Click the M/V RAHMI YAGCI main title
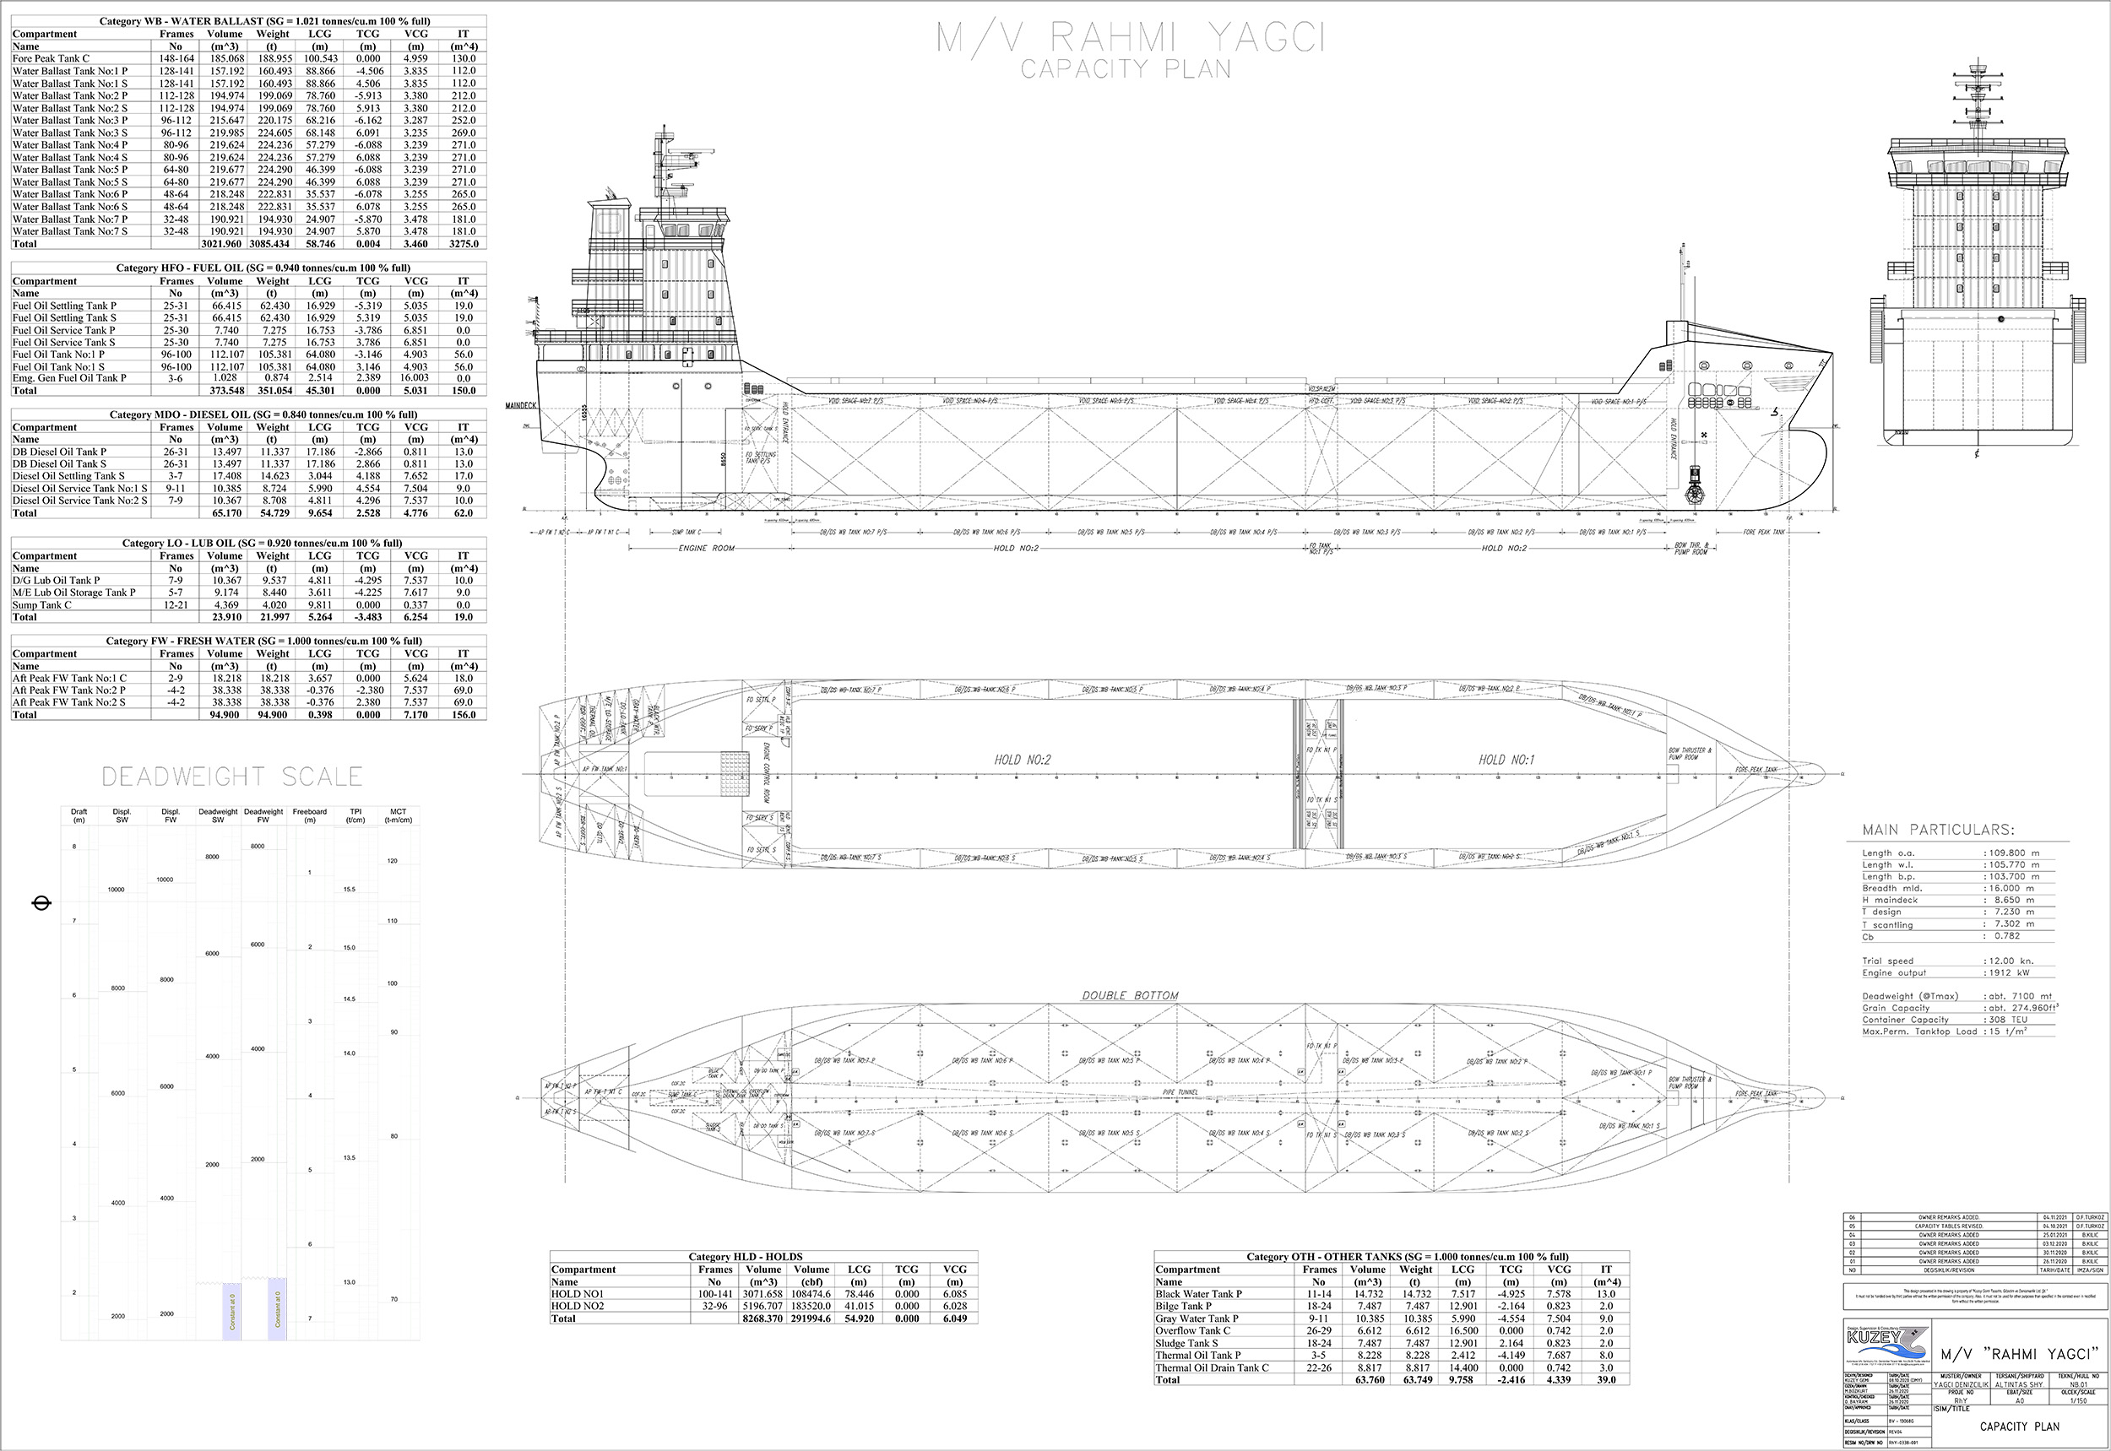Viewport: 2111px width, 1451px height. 1131,38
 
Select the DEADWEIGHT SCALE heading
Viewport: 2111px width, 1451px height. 232,777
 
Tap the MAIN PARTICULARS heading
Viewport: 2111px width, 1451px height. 1938,829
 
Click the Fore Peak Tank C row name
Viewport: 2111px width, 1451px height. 51,58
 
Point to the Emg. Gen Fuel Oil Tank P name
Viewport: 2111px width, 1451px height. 69,378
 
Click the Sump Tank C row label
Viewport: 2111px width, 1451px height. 42,604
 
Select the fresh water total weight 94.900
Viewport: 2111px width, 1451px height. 272,715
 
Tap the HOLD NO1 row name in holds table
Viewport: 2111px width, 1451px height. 578,1294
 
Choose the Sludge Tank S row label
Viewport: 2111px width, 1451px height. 1186,1343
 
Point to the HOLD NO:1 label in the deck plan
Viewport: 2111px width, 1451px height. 1506,760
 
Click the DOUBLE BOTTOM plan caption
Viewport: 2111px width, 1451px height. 1130,995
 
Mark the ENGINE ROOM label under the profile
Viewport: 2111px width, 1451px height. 707,548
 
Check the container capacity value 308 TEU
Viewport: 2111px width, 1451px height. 2008,1020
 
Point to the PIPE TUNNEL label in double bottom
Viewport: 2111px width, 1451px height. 1180,1092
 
